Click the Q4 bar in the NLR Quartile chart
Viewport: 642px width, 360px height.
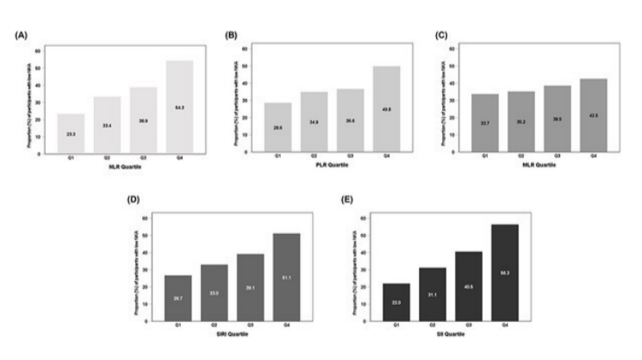pos(179,106)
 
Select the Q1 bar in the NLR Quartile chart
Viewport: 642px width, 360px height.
pos(72,133)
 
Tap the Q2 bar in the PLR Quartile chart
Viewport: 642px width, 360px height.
pos(315,121)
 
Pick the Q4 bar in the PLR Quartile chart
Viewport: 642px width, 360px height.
pos(386,109)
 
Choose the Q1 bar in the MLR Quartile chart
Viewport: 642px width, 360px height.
pos(484,122)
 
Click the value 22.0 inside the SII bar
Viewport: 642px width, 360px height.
pos(396,302)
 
